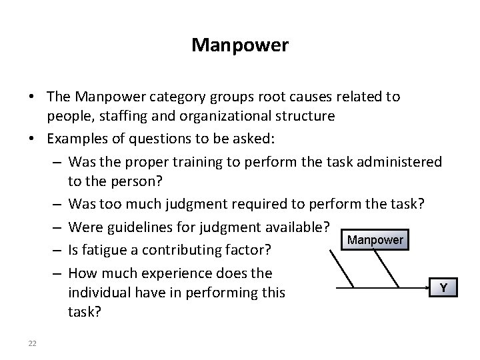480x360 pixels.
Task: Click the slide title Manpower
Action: click(x=239, y=45)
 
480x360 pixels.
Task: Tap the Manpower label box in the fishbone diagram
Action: click(x=375, y=239)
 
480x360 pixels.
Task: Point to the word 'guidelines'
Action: click(x=134, y=227)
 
